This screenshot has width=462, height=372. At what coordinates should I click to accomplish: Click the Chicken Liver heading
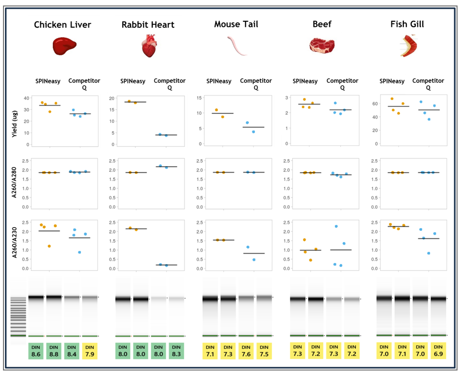click(63, 25)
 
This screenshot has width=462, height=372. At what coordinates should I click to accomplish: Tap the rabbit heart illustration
click(149, 46)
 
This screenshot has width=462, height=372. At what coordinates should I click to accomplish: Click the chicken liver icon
click(63, 46)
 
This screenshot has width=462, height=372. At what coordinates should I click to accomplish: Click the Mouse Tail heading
click(236, 24)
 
